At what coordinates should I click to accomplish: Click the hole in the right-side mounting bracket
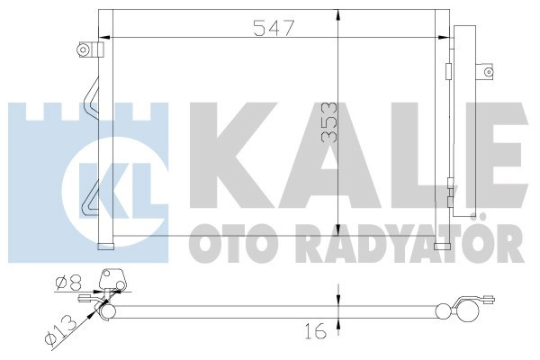487,69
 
